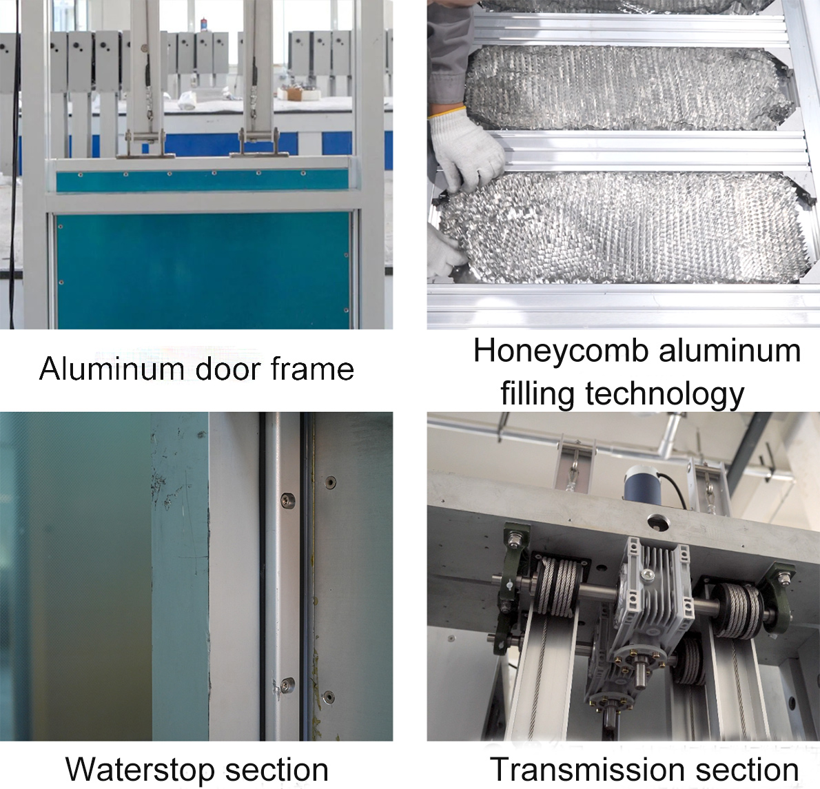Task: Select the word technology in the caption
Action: (x=665, y=394)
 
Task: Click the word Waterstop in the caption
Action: (x=141, y=770)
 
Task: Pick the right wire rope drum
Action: (x=738, y=609)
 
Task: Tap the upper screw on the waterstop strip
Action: (x=287, y=501)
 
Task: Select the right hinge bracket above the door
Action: (x=259, y=144)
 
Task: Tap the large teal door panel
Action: (x=203, y=270)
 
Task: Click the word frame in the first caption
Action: (x=313, y=369)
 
